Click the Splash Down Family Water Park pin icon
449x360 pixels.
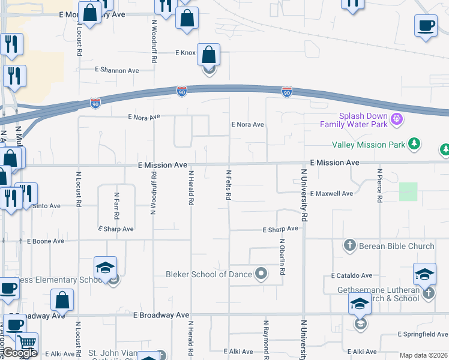(x=396, y=119)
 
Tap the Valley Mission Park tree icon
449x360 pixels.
(x=413, y=144)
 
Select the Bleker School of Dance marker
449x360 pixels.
(x=261, y=274)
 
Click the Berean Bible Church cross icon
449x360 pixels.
(x=350, y=245)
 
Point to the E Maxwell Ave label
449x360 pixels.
(x=331, y=194)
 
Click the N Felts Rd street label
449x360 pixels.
(x=229, y=184)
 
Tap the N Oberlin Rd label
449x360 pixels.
(x=282, y=257)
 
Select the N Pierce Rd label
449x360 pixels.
(x=379, y=185)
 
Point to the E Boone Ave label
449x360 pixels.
(x=46, y=241)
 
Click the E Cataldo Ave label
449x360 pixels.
(x=352, y=275)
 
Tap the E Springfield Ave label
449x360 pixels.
(x=423, y=334)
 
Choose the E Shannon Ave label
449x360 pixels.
(x=117, y=70)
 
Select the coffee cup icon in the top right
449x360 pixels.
(x=426, y=25)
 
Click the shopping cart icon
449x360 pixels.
(x=26, y=343)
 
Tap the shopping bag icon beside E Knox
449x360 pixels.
(x=208, y=55)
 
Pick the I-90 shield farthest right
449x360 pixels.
(x=287, y=92)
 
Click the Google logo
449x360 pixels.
(x=20, y=353)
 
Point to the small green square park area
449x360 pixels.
(x=408, y=192)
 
